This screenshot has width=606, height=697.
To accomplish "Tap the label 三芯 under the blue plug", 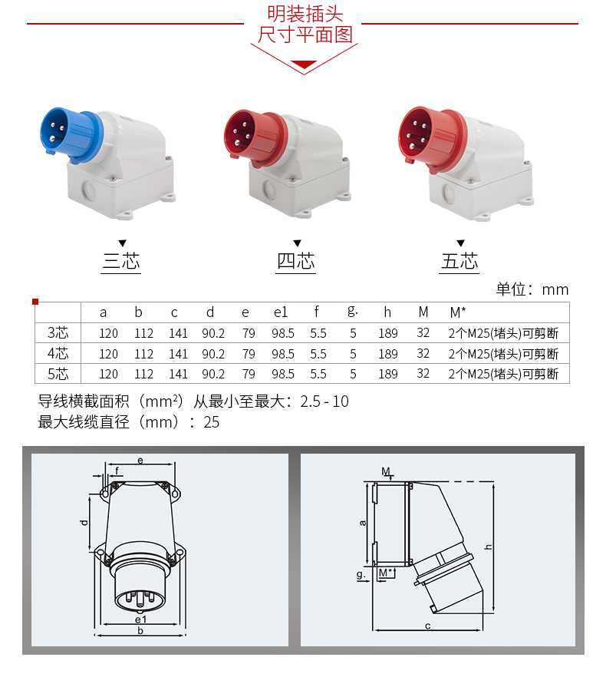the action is click(x=121, y=261).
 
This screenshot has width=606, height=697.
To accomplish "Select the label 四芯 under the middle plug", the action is click(x=296, y=261).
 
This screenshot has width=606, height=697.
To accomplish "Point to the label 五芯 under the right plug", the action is click(x=459, y=261).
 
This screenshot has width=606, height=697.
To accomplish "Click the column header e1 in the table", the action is click(x=281, y=312).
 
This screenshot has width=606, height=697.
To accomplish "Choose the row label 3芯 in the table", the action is click(x=58, y=332).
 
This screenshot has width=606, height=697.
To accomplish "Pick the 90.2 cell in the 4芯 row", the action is click(x=213, y=354).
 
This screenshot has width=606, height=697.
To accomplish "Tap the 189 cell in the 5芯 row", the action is click(x=388, y=374).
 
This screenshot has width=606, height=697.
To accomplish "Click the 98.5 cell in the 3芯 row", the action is click(x=283, y=333).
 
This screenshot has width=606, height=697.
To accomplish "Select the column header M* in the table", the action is click(x=458, y=312).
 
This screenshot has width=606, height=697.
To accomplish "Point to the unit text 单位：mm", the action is click(x=532, y=289).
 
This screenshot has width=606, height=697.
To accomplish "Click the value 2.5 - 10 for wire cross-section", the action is click(x=324, y=401).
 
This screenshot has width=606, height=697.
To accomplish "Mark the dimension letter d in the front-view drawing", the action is click(x=84, y=522).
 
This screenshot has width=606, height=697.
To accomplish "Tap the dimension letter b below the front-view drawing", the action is click(x=140, y=630).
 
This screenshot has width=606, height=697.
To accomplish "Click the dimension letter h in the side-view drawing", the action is click(x=488, y=547).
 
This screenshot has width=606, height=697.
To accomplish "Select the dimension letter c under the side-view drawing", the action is click(x=427, y=626).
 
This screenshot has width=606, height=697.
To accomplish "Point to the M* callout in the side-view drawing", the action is click(x=386, y=573).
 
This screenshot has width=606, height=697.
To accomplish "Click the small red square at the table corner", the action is click(x=35, y=302).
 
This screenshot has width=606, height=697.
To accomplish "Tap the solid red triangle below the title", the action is click(x=304, y=64).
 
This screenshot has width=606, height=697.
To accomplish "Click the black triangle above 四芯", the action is click(x=297, y=243).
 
